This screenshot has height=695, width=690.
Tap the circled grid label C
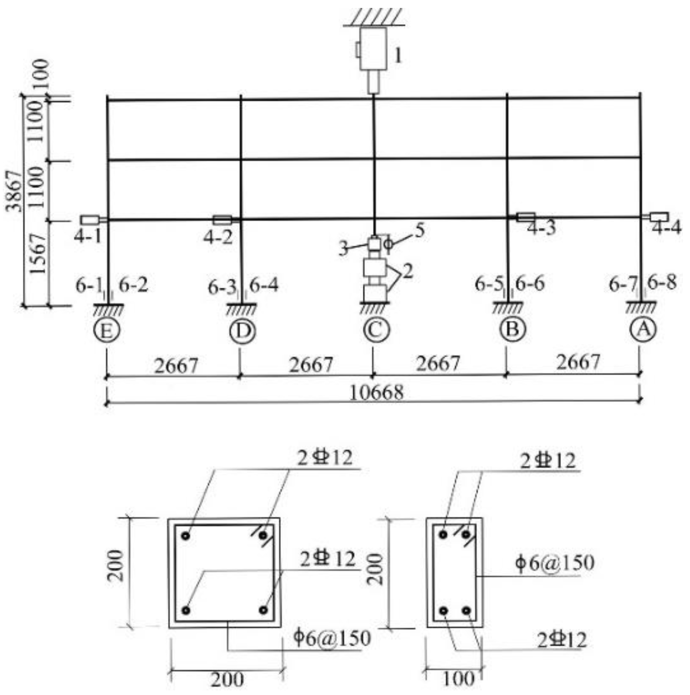click(x=376, y=330)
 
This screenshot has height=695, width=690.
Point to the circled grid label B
click(x=512, y=329)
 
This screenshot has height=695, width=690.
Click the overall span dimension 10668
click(x=376, y=392)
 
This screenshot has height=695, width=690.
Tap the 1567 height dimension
click(x=37, y=254)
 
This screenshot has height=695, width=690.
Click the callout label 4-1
click(x=87, y=236)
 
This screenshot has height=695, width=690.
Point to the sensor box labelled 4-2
click(x=223, y=220)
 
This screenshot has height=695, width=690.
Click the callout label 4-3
click(x=541, y=228)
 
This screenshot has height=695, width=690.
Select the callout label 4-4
click(x=667, y=228)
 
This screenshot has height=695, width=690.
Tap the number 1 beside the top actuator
click(x=397, y=56)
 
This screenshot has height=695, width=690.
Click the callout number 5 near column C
click(x=419, y=231)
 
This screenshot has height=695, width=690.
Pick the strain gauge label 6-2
click(x=133, y=285)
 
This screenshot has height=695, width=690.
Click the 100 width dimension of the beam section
click(x=458, y=678)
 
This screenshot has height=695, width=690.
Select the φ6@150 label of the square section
click(x=332, y=637)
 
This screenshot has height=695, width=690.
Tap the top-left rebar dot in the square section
click(x=186, y=536)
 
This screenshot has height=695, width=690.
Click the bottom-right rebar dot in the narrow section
click(x=466, y=610)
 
